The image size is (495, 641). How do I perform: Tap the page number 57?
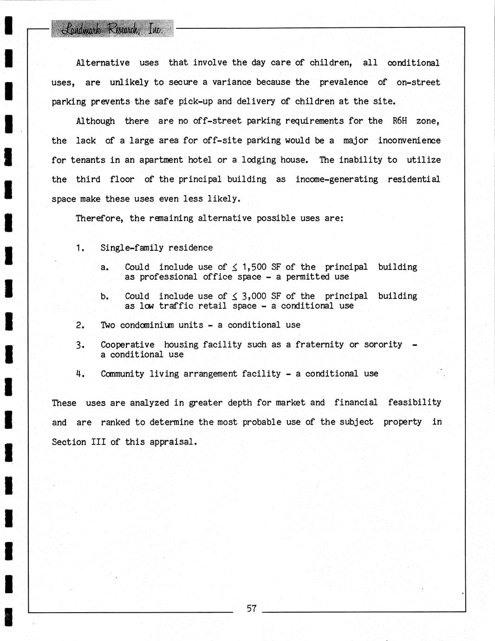point(252,608)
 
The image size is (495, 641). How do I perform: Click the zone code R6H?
point(399,121)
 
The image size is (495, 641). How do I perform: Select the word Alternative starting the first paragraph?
point(103,63)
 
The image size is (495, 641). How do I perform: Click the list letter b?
point(104,296)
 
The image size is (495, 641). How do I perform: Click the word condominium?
point(147,325)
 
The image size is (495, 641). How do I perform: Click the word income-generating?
point(337,179)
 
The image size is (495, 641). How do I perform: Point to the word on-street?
point(418,82)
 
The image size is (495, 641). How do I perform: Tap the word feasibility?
point(414,403)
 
